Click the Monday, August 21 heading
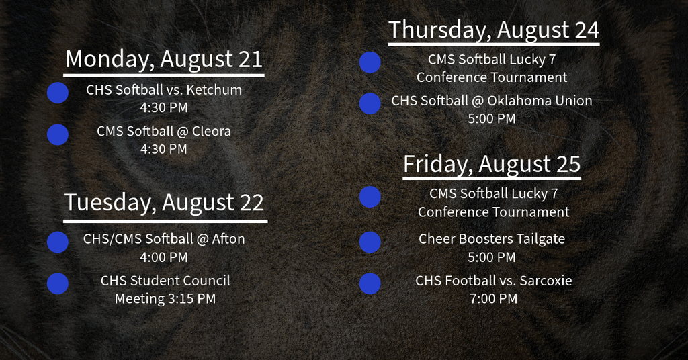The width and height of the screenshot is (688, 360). click(164, 60)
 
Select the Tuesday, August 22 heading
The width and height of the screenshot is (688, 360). click(164, 203)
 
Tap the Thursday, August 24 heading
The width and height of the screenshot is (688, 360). click(494, 30)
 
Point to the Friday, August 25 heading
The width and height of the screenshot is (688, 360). click(492, 165)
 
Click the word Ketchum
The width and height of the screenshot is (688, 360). click(214, 90)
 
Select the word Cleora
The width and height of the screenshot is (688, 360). click(212, 131)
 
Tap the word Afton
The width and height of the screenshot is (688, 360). click(228, 239)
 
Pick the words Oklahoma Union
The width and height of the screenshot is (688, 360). click(540, 101)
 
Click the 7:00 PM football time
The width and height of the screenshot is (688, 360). click(494, 299)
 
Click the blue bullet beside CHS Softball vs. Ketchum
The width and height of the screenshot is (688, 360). click(58, 93)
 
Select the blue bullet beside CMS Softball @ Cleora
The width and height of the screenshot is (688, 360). click(58, 134)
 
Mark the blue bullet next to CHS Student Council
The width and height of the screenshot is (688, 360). click(58, 283)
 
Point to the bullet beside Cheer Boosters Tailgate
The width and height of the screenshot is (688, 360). click(370, 242)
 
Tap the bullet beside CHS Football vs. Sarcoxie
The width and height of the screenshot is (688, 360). click(370, 283)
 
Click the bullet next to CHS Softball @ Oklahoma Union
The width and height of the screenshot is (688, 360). click(370, 103)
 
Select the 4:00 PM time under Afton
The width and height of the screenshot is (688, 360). click(164, 257)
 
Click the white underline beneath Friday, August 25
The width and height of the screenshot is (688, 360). click(492, 179)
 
